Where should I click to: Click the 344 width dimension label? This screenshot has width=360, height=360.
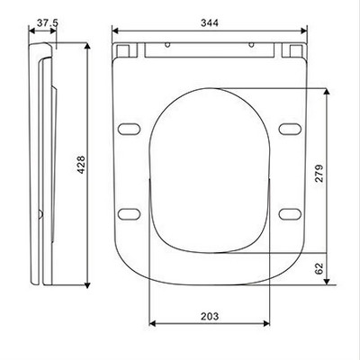point(210,22)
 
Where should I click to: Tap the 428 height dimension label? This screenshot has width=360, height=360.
point(81,165)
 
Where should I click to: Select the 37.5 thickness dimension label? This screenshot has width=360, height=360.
point(48,22)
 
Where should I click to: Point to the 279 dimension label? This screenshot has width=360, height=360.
point(319,173)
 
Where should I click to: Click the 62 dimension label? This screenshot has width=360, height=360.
point(319,268)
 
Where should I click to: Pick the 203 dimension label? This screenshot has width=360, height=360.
point(210,316)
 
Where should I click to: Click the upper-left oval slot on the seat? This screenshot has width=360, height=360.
point(129,129)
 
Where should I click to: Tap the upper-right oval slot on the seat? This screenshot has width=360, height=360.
point(290,129)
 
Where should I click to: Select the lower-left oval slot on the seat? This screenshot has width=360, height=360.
point(129,214)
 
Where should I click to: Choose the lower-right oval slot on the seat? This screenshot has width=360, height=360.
point(290,214)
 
